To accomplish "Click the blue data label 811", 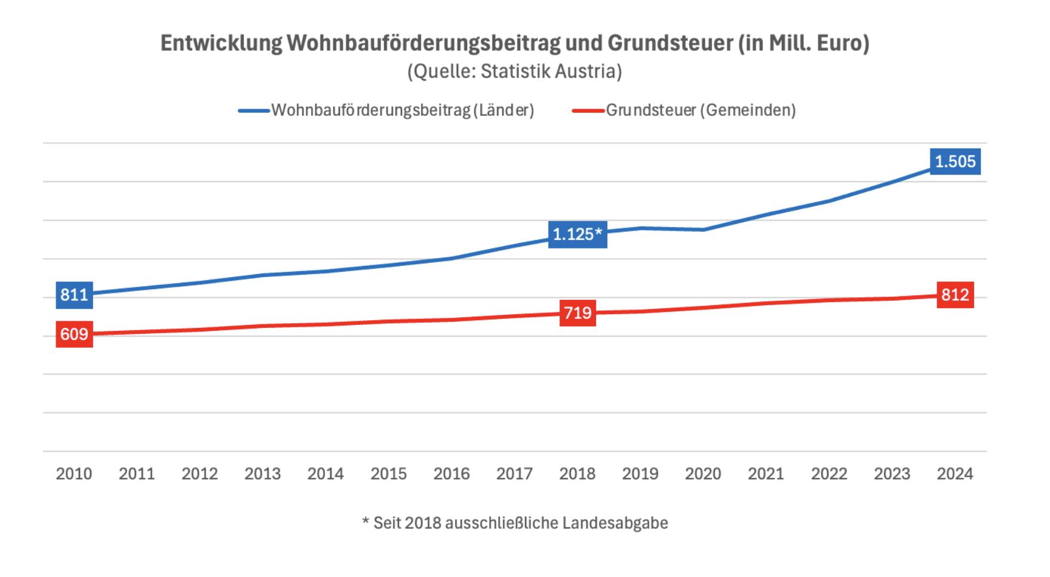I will click(74, 294).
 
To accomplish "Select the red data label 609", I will click(74, 334).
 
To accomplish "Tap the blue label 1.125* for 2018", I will click(577, 234).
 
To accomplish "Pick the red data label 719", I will click(578, 313).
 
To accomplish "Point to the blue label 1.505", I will click(954, 161).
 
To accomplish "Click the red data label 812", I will click(954, 294).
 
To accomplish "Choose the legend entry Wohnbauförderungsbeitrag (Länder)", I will click(402, 111).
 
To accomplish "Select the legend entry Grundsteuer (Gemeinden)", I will click(700, 111).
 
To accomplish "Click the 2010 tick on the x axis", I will click(74, 474).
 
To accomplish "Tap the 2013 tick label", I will click(262, 474).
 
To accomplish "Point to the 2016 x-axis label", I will click(452, 474).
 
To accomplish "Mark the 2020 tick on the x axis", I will click(703, 474).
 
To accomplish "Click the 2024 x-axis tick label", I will click(954, 474).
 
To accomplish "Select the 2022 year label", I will click(829, 474).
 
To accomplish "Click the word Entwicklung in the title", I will click(221, 44).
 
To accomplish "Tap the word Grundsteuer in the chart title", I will click(670, 44).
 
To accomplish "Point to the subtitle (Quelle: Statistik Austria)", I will click(514, 72).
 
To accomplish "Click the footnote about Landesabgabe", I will click(515, 523).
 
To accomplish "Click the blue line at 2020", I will click(703, 229).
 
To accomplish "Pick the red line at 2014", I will click(326, 324).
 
